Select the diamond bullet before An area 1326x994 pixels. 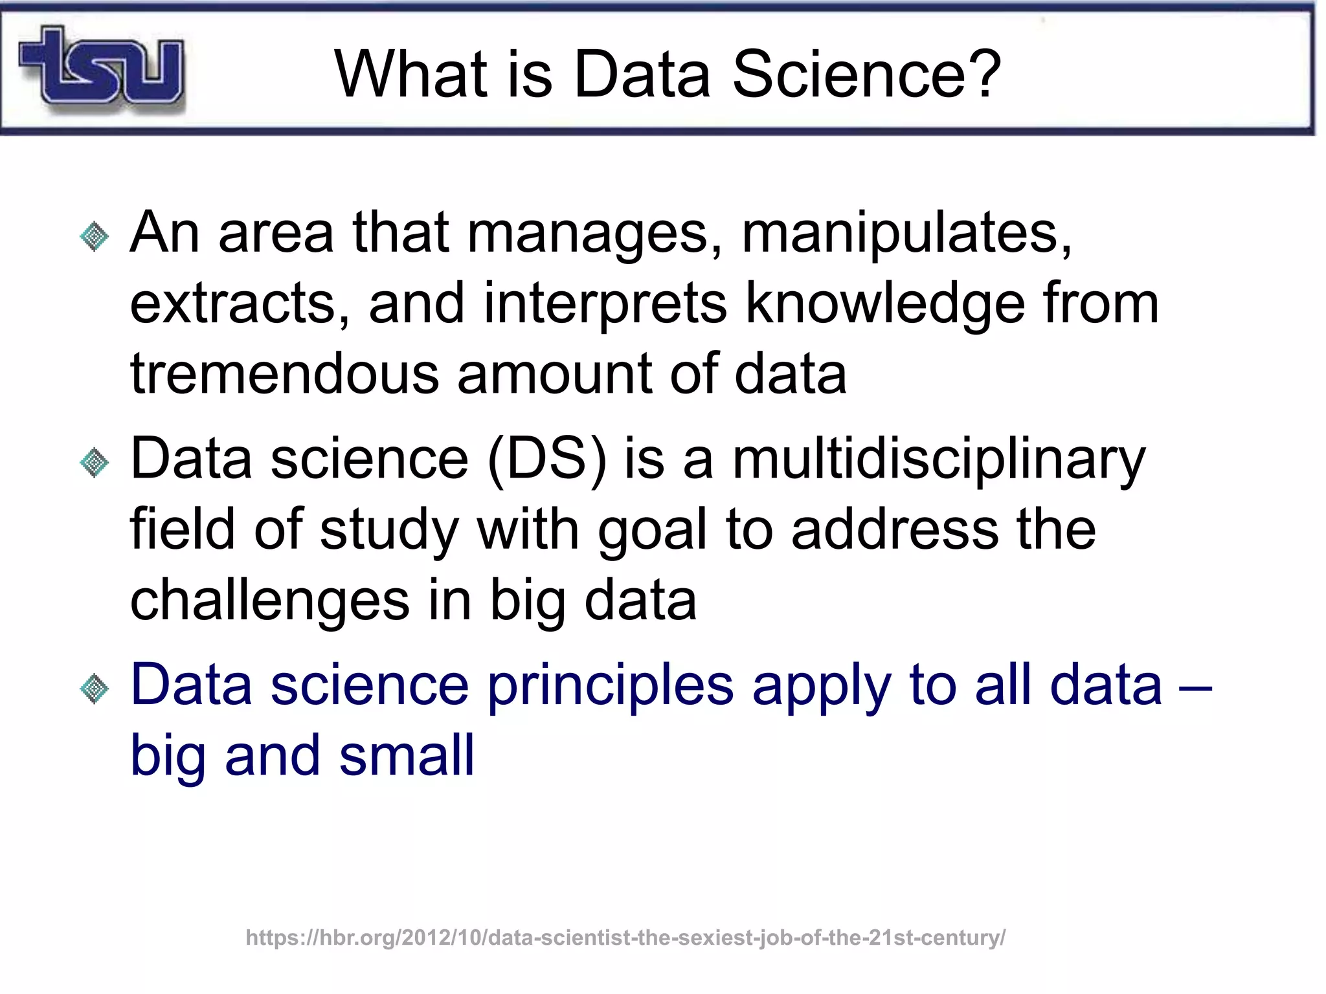tap(95, 237)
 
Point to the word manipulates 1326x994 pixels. tap(906, 234)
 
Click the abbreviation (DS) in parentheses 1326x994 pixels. tap(547, 459)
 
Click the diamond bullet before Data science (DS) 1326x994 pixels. tap(95, 463)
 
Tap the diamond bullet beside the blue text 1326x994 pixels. tap(95, 689)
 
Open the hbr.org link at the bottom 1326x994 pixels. tap(625, 938)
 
